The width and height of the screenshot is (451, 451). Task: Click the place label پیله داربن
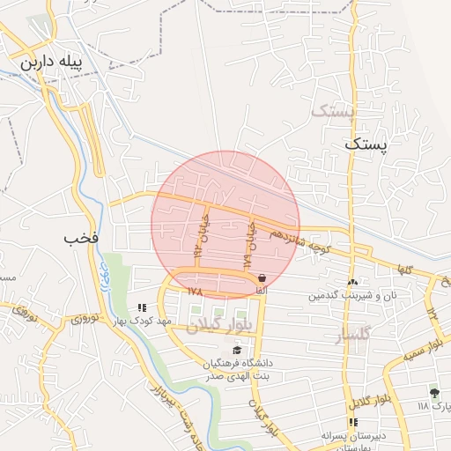coord(50,63)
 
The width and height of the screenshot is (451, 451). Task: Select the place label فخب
coord(81,238)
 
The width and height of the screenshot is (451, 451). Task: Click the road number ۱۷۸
coord(196,290)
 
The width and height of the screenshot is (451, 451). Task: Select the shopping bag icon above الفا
coord(261,278)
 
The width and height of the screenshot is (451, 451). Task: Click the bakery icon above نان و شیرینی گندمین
coord(352,283)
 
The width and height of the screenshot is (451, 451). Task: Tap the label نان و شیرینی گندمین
coord(349,295)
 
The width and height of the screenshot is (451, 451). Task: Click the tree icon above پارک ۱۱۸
coord(433,392)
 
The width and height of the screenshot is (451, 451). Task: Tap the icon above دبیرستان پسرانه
coord(353,422)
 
